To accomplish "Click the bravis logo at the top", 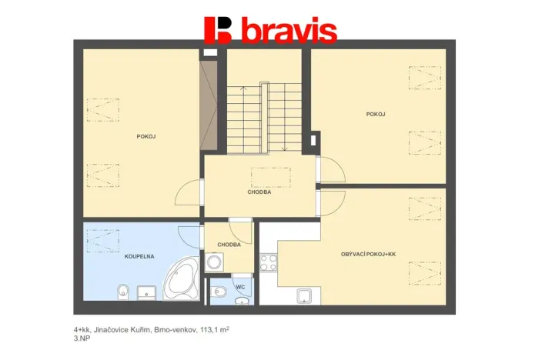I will [x=270, y=30].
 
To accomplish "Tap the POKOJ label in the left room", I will [x=146, y=136].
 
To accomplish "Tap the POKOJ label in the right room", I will [x=376, y=114].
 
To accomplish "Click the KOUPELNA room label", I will [x=137, y=256].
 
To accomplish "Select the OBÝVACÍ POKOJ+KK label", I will [x=368, y=254].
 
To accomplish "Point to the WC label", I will [x=239, y=287].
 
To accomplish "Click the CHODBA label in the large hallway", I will [x=259, y=192].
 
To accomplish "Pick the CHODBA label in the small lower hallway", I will [x=229, y=245].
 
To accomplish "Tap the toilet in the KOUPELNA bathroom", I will [x=123, y=292].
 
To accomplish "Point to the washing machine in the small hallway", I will [x=214, y=262].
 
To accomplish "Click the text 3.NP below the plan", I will [x=81, y=338].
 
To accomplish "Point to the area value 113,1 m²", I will [x=212, y=328].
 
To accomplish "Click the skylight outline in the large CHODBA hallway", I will [x=270, y=178].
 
